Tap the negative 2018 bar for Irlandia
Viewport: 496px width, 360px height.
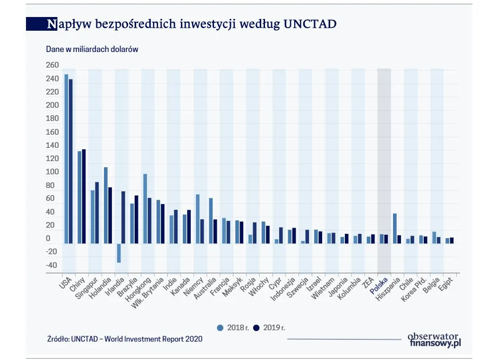(x=119, y=253)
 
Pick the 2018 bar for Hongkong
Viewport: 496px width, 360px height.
(x=145, y=208)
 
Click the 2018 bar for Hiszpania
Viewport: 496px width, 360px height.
(x=394, y=228)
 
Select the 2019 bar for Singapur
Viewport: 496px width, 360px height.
(x=97, y=213)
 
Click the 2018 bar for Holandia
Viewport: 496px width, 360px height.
(x=106, y=205)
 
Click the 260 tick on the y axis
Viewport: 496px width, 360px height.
(x=52, y=65)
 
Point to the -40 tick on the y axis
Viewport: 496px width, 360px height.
(x=51, y=265)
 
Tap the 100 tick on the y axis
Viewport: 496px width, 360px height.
(x=52, y=172)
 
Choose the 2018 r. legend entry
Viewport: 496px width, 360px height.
(x=233, y=327)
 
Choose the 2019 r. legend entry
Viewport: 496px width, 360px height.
(x=269, y=327)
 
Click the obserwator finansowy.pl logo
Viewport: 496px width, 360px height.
(x=434, y=340)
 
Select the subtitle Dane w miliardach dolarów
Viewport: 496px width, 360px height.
(x=92, y=49)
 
